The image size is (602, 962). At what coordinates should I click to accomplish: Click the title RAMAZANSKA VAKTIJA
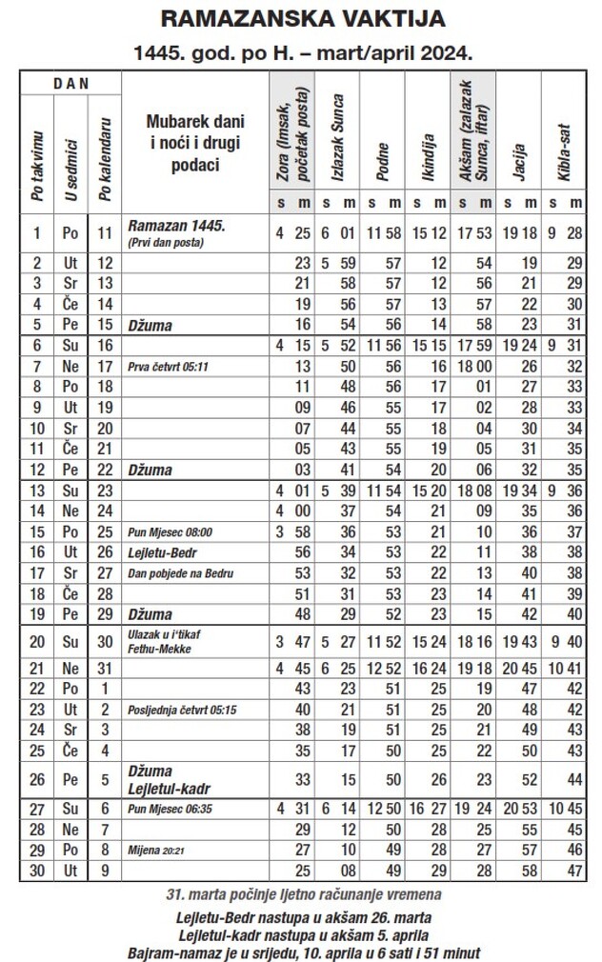tap(302, 18)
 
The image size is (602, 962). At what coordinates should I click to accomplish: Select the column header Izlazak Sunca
tap(339, 132)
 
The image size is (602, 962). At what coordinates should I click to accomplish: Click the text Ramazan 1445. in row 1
tap(176, 226)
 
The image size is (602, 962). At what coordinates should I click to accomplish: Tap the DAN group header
tap(70, 84)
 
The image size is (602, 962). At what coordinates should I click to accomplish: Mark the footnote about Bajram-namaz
tap(302, 952)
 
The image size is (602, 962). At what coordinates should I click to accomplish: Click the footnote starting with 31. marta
tap(302, 896)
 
